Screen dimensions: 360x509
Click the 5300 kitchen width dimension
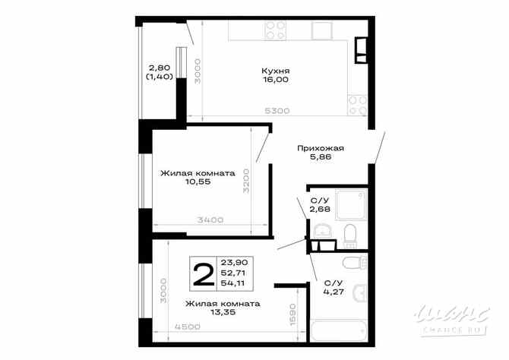click(x=277, y=111)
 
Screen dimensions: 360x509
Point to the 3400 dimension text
click(x=210, y=220)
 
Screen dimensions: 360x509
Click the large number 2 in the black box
click(x=203, y=274)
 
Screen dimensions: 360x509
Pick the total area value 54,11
click(x=233, y=283)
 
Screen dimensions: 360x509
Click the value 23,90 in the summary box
click(x=233, y=262)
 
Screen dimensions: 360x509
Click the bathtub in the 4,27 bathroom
click(x=335, y=333)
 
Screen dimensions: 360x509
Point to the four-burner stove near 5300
click(x=356, y=101)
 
